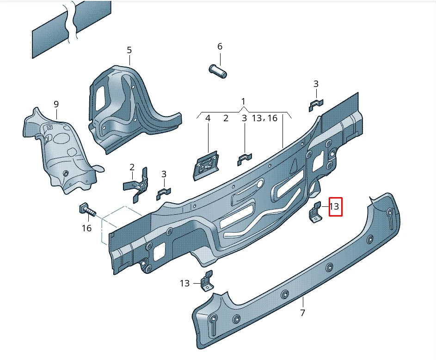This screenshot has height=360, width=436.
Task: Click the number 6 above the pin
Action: [x=220, y=46]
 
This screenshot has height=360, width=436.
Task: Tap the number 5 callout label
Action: [x=129, y=50]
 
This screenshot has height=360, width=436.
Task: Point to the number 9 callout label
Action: [x=56, y=104]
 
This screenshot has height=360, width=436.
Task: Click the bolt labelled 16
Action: [x=87, y=211]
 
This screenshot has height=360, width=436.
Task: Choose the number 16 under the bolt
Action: [x=86, y=228]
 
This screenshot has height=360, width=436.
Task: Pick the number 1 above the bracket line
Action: [x=244, y=101]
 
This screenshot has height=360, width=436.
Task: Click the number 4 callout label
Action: [x=208, y=118]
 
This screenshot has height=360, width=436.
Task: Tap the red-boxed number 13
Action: [x=335, y=206]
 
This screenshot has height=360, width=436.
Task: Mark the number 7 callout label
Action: [x=302, y=313]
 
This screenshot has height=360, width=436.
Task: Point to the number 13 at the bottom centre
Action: [x=184, y=283]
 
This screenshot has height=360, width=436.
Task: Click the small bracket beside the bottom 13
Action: [x=206, y=282]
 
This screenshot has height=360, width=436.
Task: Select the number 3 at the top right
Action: [x=316, y=84]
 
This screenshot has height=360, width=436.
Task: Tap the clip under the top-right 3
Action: [x=316, y=105]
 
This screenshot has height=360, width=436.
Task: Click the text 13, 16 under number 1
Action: [x=264, y=118]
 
